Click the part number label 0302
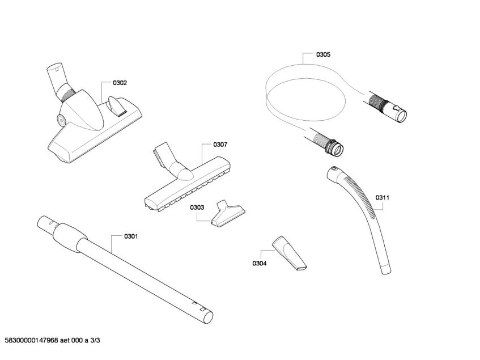[120, 83]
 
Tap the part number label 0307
[220, 145]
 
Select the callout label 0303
[197, 207]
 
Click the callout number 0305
[323, 54]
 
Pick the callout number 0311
[383, 198]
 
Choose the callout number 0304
[260, 263]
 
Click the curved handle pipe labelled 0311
[368, 215]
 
